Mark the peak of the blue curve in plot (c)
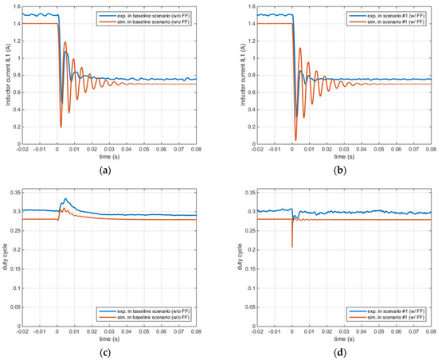click(65, 199)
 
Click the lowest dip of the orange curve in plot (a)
click(60, 127)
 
